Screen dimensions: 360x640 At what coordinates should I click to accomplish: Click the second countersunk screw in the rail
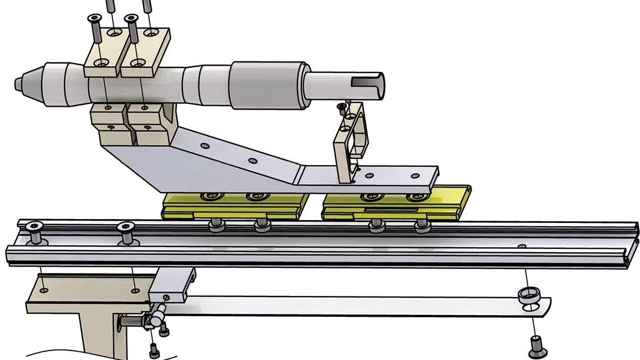[127, 232]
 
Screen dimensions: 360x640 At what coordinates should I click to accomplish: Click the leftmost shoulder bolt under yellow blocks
[214, 225]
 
